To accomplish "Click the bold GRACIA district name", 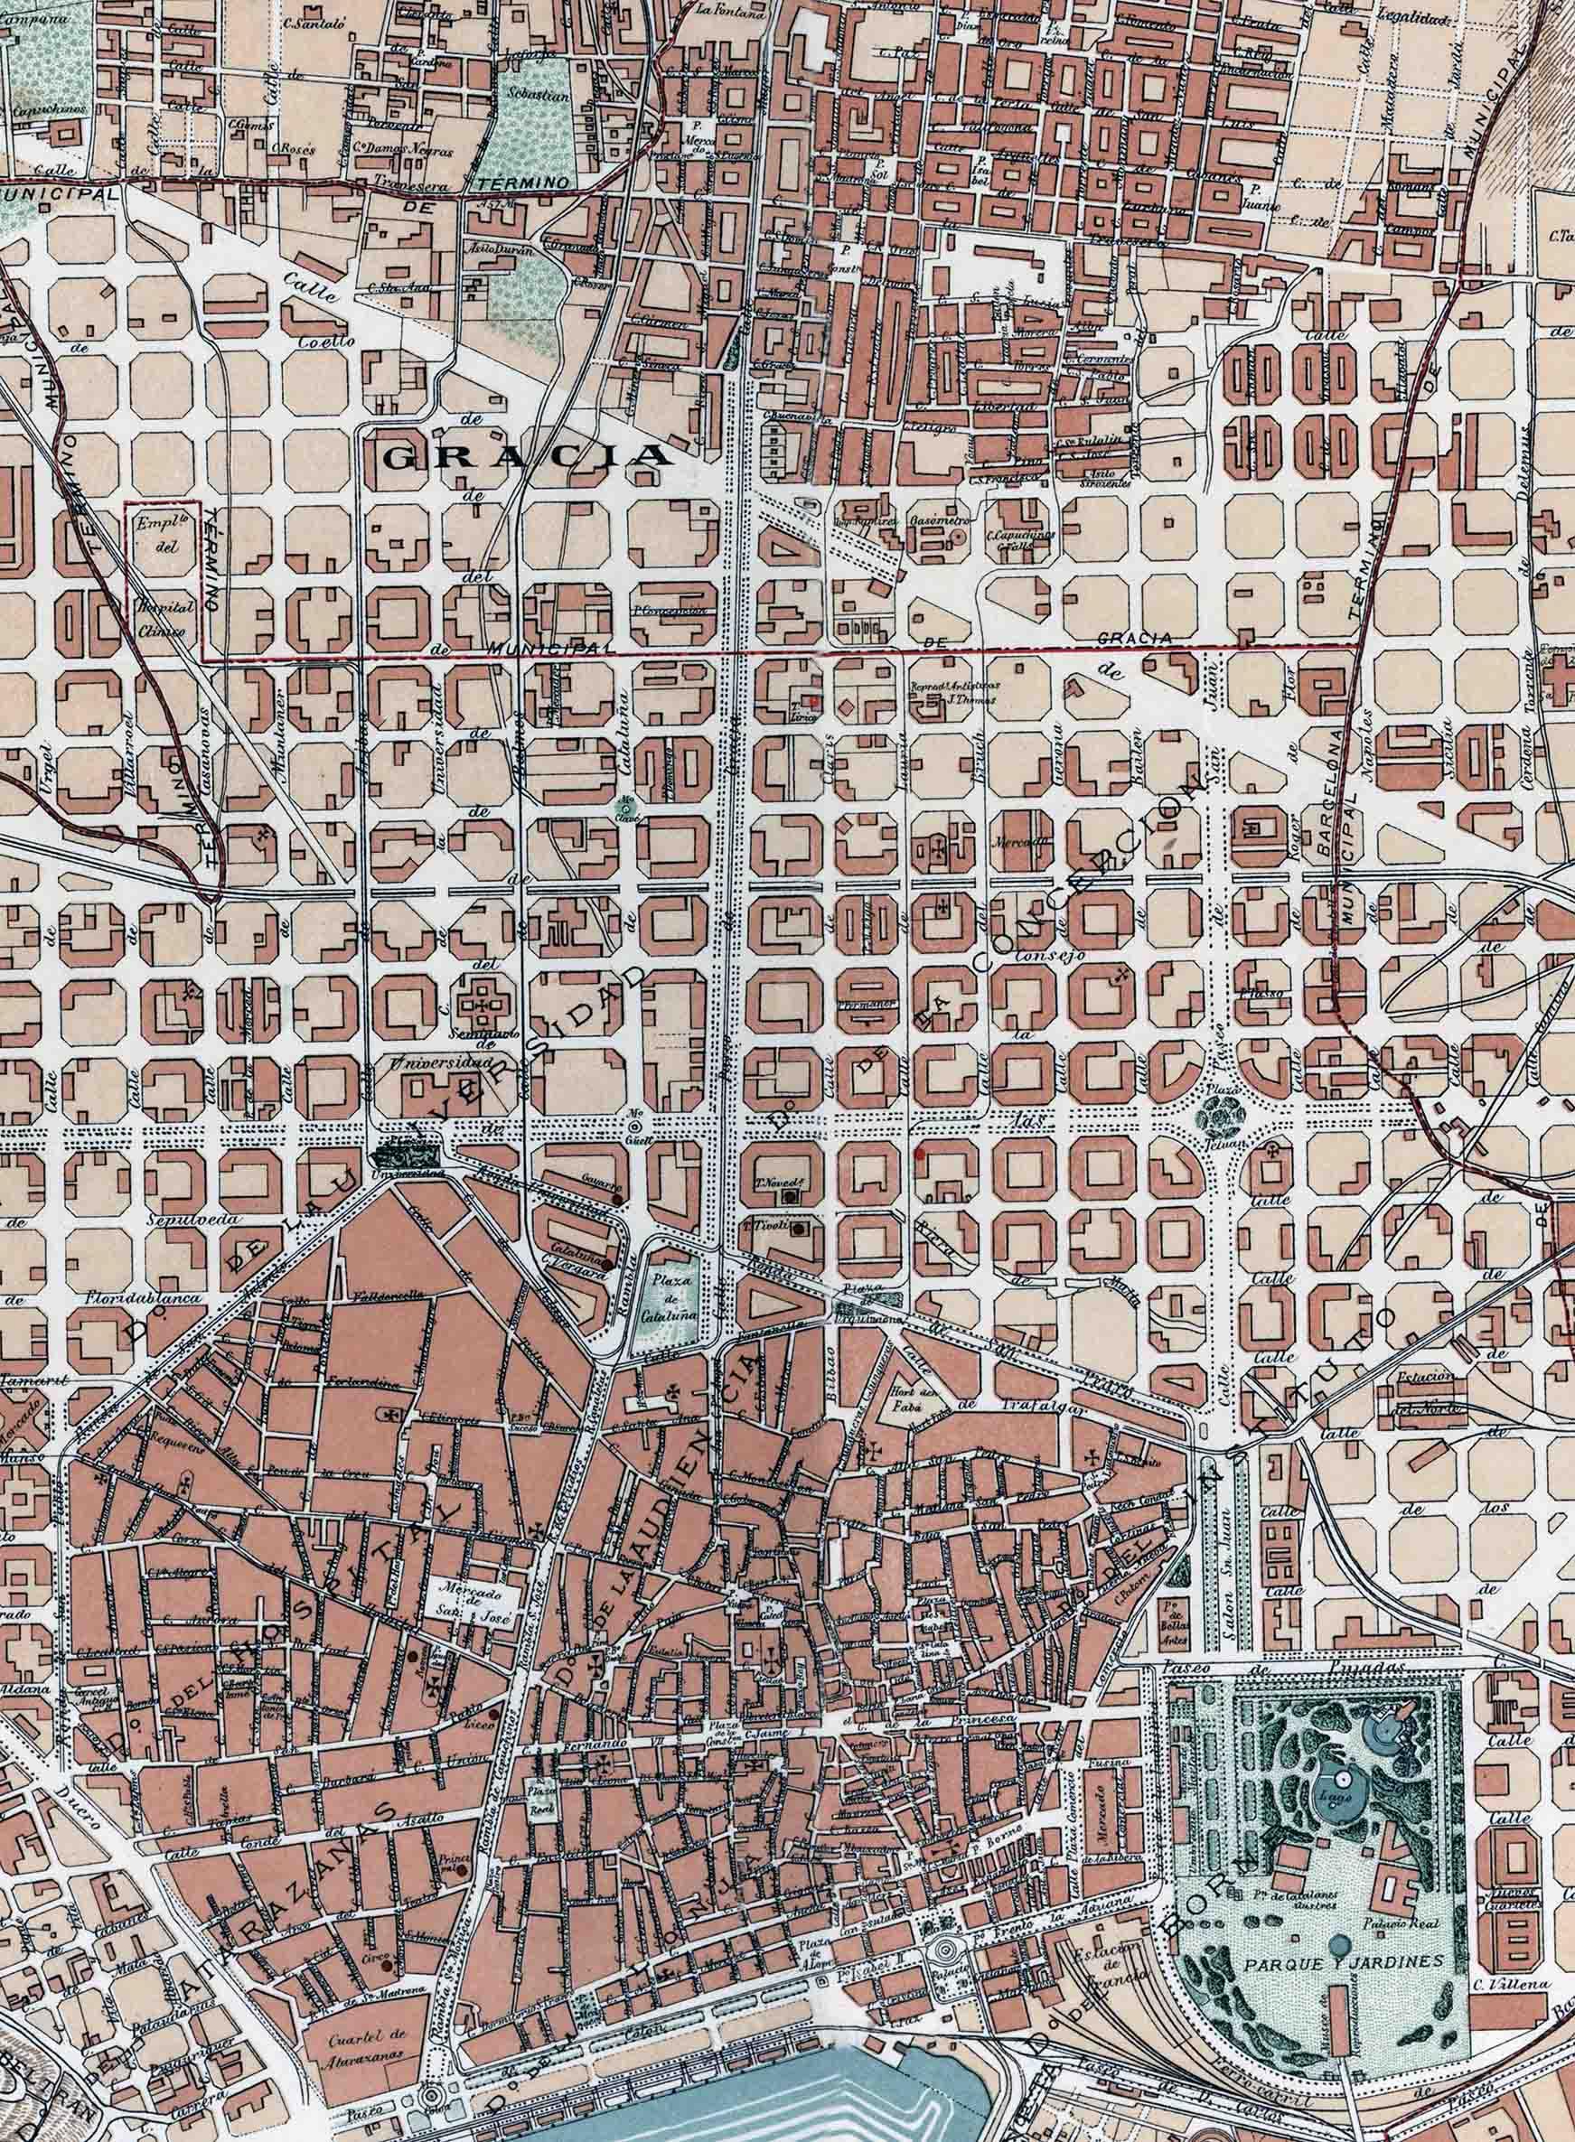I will (526, 455).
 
